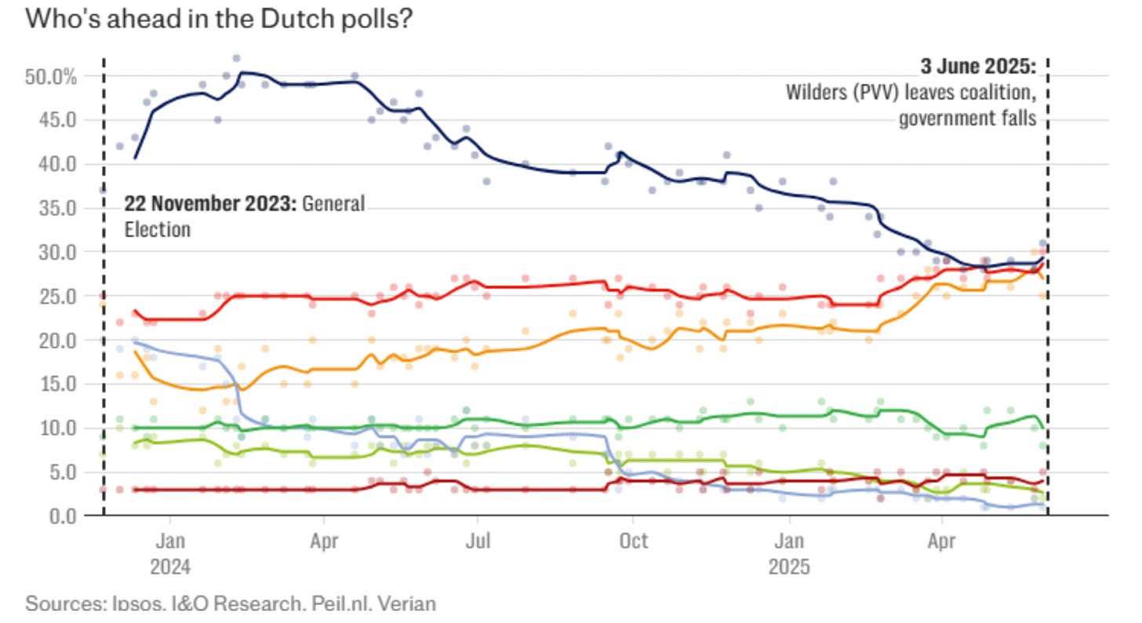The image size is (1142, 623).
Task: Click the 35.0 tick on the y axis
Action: [60, 209]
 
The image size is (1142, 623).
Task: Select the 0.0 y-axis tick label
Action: [63, 516]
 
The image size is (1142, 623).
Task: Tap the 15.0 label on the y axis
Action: [60, 384]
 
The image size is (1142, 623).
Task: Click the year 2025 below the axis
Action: [789, 566]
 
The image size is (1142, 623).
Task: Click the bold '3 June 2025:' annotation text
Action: [977, 67]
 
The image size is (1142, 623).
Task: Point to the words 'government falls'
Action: [967, 119]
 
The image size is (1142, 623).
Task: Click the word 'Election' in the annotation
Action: [158, 230]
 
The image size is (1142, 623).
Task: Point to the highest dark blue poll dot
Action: [236, 58]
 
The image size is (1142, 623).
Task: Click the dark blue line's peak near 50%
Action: [242, 72]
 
